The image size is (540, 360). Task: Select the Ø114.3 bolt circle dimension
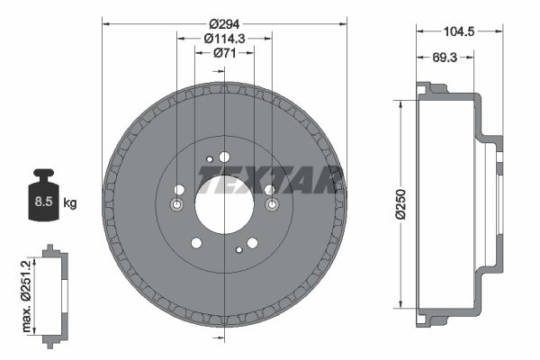pos(224,38)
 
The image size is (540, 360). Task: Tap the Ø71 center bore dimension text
pos(224,53)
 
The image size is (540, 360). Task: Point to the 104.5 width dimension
pos(459,31)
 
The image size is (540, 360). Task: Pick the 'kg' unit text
pos(70,203)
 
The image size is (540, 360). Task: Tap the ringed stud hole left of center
pos(176,206)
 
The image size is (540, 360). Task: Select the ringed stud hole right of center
pos(271,206)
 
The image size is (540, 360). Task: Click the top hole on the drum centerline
pos(224,157)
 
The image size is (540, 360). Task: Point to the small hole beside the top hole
pos(210,160)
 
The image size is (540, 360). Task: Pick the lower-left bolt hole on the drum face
pos(196,242)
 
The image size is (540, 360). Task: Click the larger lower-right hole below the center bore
pos(252,242)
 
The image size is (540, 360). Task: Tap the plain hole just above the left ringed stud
pos(179,189)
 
